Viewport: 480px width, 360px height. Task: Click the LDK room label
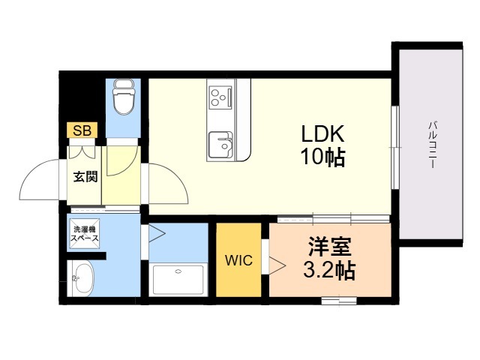point(322,133)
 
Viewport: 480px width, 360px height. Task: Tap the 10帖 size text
point(323,157)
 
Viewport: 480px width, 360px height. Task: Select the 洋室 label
point(329,247)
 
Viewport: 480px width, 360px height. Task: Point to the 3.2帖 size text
point(329,270)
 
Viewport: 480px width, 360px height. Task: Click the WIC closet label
point(238,260)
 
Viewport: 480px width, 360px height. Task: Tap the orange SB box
point(82,130)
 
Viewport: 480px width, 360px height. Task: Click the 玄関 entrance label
point(85,177)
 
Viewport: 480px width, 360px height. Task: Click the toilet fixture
point(124,97)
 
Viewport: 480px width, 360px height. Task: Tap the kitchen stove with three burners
point(220,97)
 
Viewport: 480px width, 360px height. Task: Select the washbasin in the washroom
point(81,278)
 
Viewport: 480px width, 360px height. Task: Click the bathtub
point(178,279)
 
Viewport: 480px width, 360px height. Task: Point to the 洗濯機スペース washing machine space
point(84,234)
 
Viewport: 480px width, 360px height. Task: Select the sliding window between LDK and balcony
point(395,148)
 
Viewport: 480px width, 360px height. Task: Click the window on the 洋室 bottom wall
point(339,301)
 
